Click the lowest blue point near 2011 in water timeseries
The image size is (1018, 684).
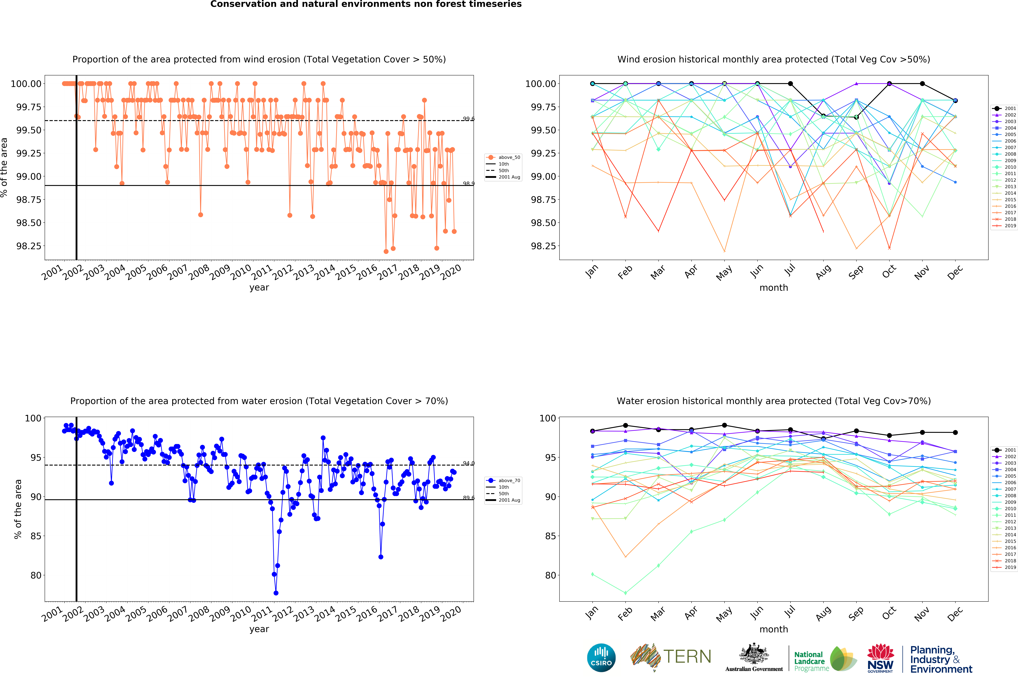(276, 593)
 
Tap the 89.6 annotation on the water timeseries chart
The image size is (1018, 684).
(468, 498)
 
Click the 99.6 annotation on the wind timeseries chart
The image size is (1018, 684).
(468, 119)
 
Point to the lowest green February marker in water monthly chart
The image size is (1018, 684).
(625, 593)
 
